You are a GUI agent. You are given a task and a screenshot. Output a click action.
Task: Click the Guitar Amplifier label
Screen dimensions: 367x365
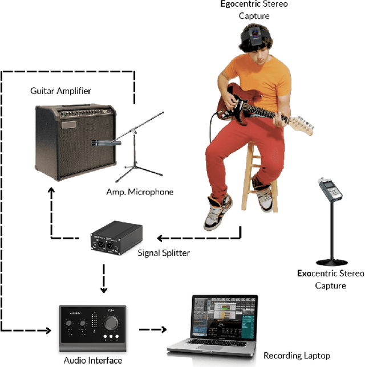[60, 91]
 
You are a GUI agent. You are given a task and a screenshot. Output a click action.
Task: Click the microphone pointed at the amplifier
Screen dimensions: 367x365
[106, 142]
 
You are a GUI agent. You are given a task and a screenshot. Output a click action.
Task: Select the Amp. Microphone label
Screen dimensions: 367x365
[139, 192]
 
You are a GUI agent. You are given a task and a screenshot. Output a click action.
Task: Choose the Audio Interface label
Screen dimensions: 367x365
[92, 360]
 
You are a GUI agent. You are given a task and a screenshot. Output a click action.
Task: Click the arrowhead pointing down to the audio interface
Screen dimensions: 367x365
[103, 289]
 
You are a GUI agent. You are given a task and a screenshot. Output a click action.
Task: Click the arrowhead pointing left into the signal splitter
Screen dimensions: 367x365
[161, 238]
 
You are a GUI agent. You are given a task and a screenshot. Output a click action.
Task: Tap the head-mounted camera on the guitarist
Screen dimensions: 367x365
[254, 36]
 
